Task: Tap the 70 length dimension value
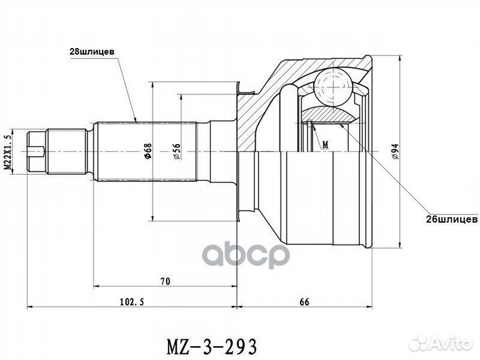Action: (x=165, y=281)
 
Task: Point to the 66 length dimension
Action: (x=304, y=301)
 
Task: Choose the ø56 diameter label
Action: (x=176, y=153)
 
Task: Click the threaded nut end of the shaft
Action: (x=39, y=152)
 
